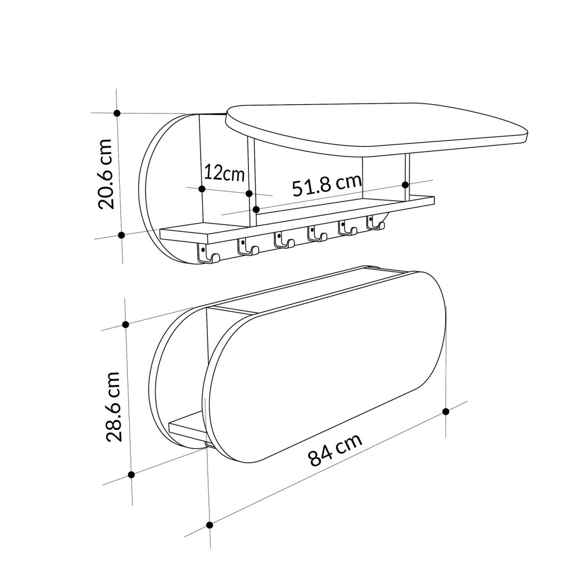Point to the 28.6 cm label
point(113,406)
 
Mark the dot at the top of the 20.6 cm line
point(117,113)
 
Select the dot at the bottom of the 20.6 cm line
point(122,235)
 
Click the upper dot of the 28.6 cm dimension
point(126,324)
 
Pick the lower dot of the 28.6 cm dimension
point(131,474)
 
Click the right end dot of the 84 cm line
point(446,411)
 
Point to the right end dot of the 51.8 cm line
point(405,184)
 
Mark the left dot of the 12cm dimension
point(202,188)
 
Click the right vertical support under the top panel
point(406,176)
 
